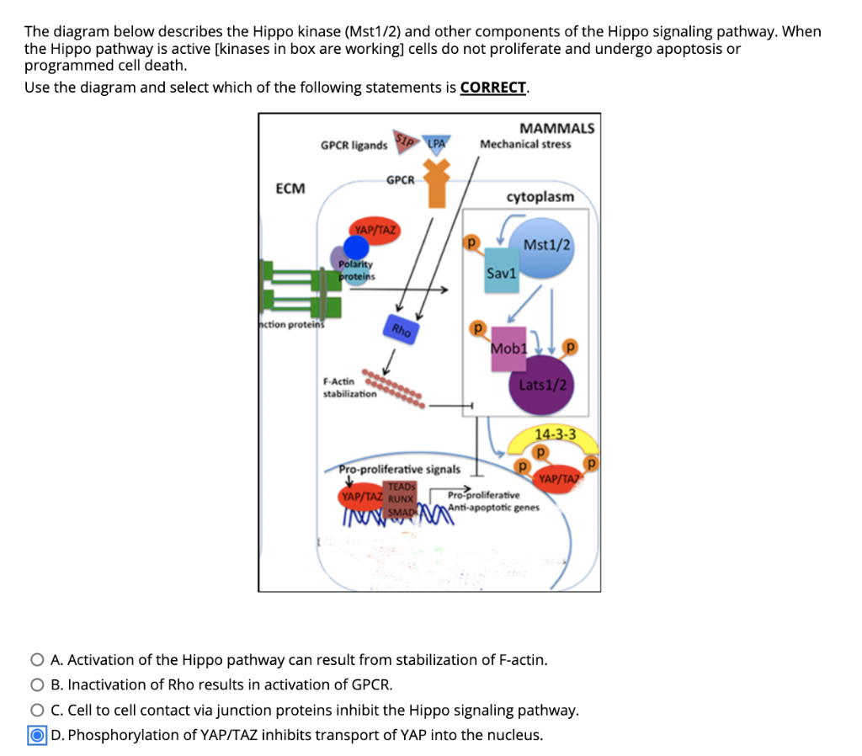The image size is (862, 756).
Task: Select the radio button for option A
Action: (38, 659)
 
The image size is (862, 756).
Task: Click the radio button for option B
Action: (38, 684)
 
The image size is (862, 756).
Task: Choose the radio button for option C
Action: (38, 710)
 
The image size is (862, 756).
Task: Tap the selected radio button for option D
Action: (38, 735)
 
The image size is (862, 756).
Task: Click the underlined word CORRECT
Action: (493, 88)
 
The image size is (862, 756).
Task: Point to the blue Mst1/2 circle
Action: (545, 245)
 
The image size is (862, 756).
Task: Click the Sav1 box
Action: (502, 271)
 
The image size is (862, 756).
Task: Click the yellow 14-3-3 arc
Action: (556, 436)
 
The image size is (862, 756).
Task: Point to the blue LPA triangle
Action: (436, 144)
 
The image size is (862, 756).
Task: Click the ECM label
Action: (290, 188)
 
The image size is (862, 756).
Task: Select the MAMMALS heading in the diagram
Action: (556, 128)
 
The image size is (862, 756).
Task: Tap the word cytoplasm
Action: (540, 196)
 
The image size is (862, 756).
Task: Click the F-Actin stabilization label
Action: (349, 388)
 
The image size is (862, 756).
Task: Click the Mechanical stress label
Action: (525, 144)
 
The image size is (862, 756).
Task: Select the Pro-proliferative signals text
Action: (399, 469)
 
